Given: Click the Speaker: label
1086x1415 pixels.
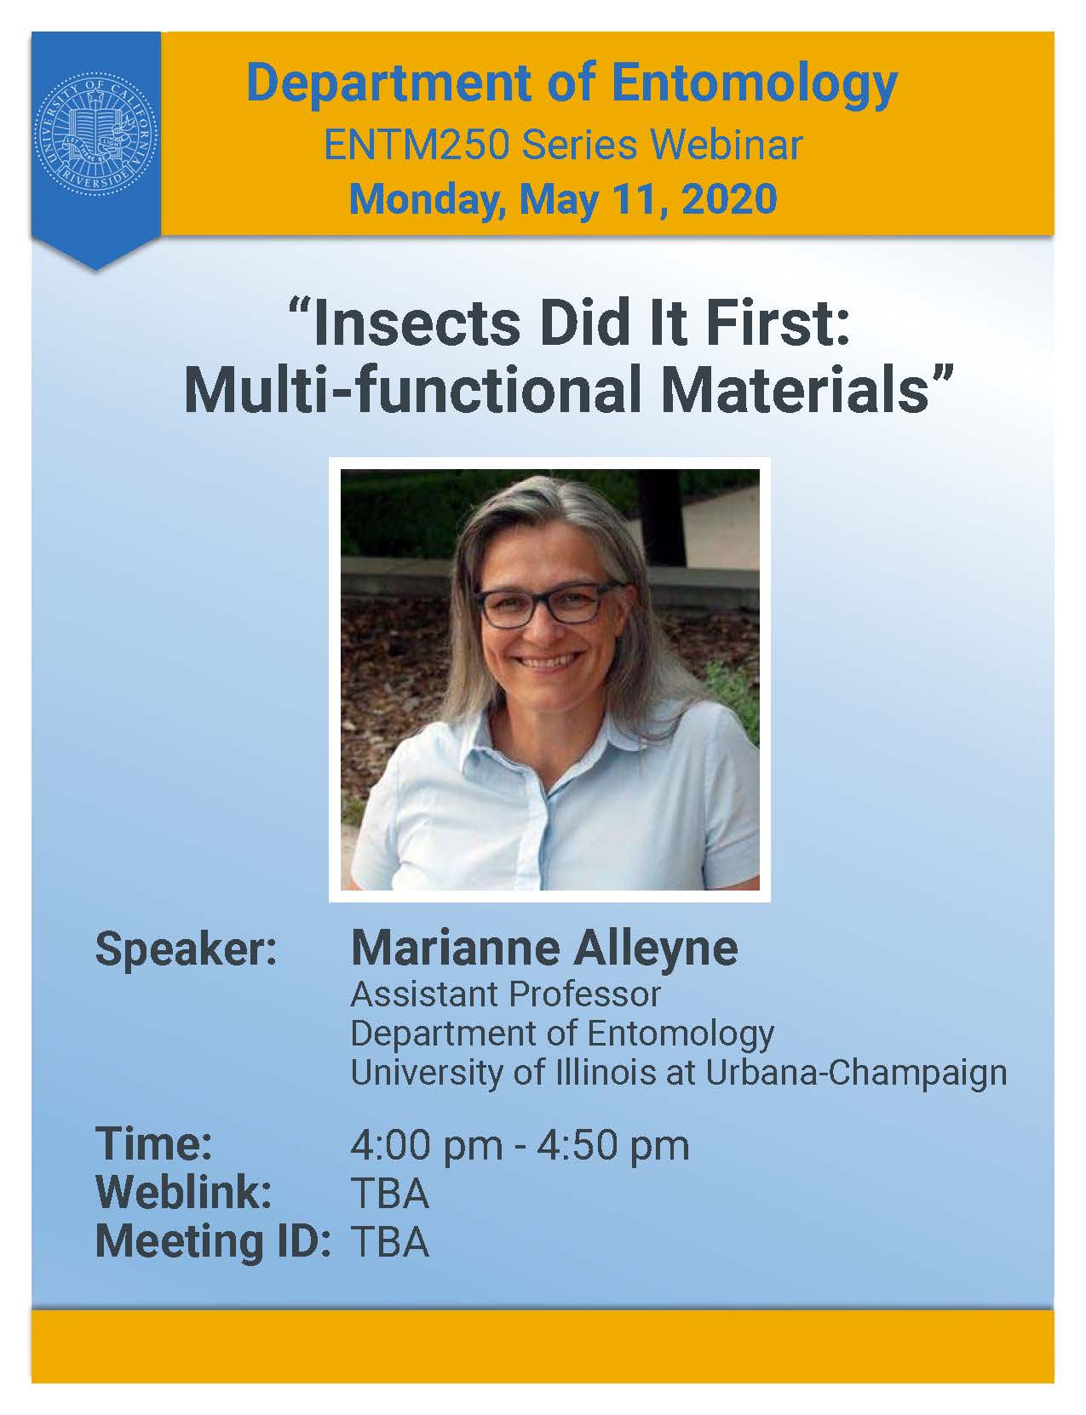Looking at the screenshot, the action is click(x=187, y=950).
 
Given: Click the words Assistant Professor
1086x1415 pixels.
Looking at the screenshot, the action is click(x=506, y=994).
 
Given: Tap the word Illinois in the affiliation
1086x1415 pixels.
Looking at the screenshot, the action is click(x=606, y=1073).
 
